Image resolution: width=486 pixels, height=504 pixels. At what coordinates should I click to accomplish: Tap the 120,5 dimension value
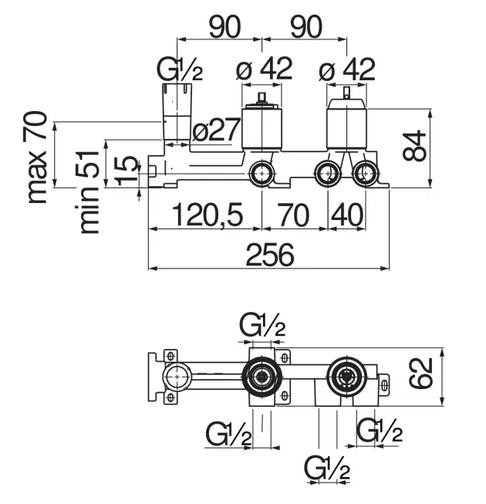coord(205,214)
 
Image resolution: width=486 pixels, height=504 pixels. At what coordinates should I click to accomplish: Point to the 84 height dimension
coord(416,146)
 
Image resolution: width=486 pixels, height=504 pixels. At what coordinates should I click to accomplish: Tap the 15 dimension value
coord(127,171)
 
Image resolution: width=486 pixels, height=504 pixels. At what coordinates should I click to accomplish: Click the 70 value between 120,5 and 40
coord(294,214)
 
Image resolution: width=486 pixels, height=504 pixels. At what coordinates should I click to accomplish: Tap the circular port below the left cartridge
coord(262,173)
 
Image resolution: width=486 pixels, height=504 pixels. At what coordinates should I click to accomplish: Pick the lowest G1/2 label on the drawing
coord(328,468)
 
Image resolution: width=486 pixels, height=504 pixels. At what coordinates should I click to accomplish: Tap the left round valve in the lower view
coord(262,377)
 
